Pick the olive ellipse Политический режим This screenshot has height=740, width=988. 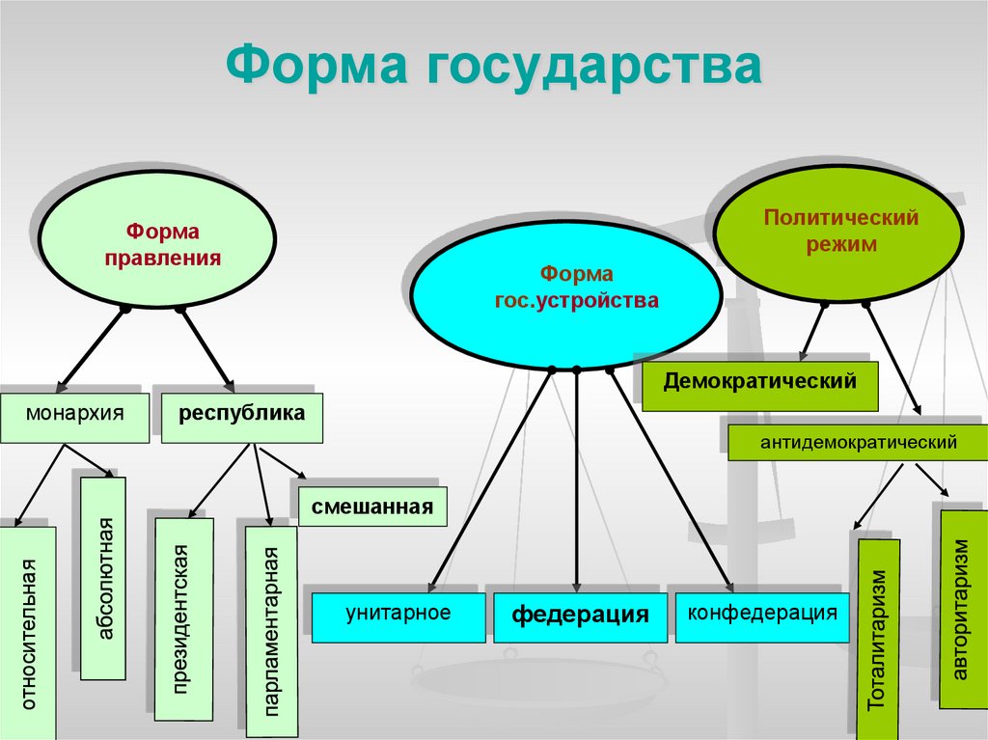[840, 231]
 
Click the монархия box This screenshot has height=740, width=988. [75, 416]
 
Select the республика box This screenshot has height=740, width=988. [241, 416]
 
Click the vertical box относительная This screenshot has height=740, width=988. [28, 633]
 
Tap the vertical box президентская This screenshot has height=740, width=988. [183, 618]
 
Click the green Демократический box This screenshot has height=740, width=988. [759, 386]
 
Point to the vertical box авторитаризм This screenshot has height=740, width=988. [961, 609]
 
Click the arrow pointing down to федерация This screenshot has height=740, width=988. [576, 482]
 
